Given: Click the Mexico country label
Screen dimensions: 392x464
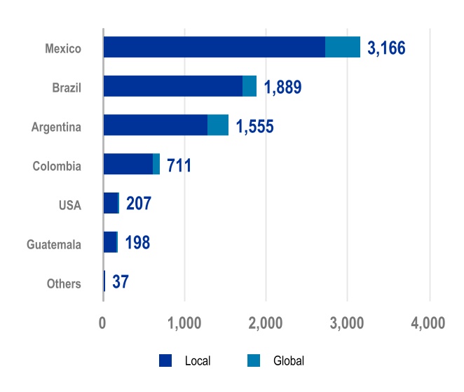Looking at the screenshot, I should (x=63, y=48).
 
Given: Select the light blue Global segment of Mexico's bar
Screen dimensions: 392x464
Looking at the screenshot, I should (x=343, y=47).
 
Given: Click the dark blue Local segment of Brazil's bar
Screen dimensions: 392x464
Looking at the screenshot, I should (x=172, y=86).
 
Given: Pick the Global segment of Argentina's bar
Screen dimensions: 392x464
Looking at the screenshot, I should (x=218, y=125).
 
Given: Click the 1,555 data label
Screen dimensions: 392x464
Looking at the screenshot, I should (x=254, y=127).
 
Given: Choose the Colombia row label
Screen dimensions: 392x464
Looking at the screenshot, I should (x=57, y=166).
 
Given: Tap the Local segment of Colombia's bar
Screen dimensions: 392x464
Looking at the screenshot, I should (x=128, y=164).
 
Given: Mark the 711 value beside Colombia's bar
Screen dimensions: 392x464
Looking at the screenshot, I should (x=179, y=167).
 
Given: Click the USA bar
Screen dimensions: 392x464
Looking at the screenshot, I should (x=111, y=203).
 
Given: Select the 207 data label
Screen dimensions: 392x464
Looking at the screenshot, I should (x=139, y=205).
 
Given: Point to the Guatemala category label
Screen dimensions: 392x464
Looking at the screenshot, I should (x=54, y=244).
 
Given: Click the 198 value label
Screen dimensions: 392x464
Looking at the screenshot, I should (x=137, y=244).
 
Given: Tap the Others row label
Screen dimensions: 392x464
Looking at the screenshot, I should (x=64, y=283).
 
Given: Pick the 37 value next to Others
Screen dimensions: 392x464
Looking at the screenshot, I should (x=120, y=283).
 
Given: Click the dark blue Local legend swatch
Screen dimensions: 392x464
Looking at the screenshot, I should (x=165, y=360).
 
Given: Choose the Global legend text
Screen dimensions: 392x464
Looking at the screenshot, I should (x=289, y=361).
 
